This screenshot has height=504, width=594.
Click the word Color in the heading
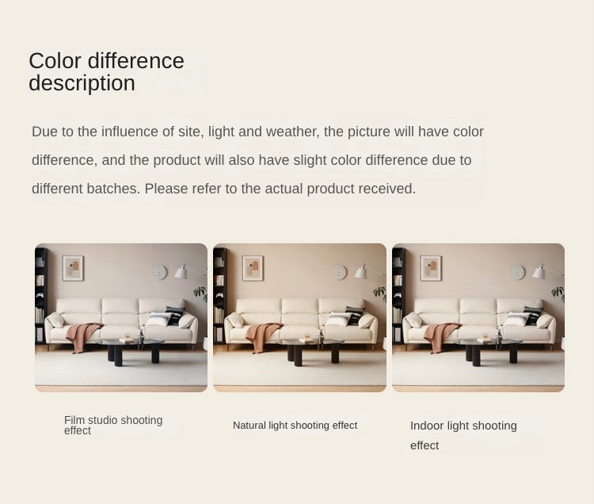(x=55, y=61)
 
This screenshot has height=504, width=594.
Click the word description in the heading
(x=82, y=83)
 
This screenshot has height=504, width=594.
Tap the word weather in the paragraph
(x=293, y=132)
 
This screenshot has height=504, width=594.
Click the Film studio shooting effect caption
(x=113, y=426)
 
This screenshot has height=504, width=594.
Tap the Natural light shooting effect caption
(x=295, y=426)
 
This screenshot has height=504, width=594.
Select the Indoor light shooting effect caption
(x=463, y=435)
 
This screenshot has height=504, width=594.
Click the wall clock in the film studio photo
(x=159, y=273)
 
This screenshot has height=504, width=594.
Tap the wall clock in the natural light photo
(x=340, y=272)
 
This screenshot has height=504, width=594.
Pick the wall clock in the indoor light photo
(x=517, y=273)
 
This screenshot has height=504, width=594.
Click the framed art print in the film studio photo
(x=73, y=269)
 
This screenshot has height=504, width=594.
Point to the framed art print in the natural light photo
(x=253, y=269)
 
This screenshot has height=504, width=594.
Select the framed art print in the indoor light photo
(x=431, y=269)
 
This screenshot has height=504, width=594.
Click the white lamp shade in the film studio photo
(x=181, y=272)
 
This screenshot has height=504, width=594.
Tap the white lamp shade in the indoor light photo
(x=539, y=272)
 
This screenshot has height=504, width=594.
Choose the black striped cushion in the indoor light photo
(x=533, y=315)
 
